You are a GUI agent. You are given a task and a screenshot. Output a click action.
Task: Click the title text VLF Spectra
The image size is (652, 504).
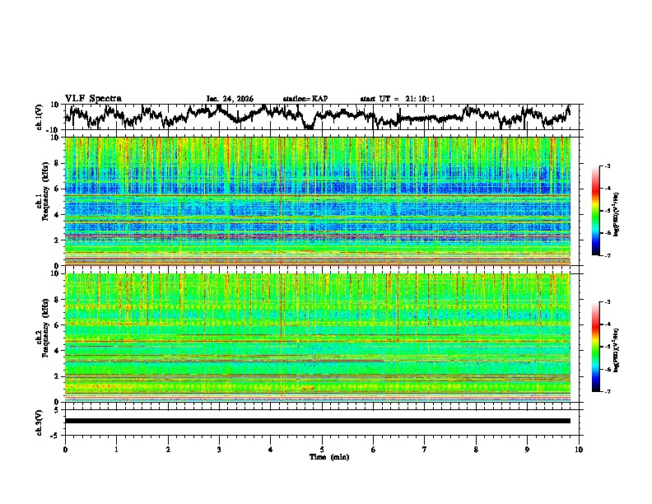click(x=93, y=99)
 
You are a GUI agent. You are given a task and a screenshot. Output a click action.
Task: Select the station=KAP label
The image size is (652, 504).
click(x=305, y=99)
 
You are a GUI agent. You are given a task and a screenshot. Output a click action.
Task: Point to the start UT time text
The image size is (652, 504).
click(x=398, y=99)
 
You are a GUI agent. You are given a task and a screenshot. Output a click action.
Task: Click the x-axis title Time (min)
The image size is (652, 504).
click(x=322, y=456)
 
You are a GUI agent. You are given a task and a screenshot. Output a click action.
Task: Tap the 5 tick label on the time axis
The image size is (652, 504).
click(x=322, y=449)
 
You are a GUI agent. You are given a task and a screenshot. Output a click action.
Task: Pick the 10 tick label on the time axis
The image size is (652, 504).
click(x=579, y=449)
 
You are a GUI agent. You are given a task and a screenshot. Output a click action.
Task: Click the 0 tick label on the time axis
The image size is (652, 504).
click(x=65, y=449)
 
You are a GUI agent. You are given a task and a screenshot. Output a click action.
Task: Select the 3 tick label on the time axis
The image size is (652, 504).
click(x=219, y=449)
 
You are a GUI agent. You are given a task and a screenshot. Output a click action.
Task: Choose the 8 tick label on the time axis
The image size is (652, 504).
click(x=476, y=449)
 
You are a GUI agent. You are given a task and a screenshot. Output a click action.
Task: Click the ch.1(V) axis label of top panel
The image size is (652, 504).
click(x=40, y=117)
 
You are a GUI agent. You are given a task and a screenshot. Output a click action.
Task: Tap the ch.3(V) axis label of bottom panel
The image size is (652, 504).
click(x=40, y=421)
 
